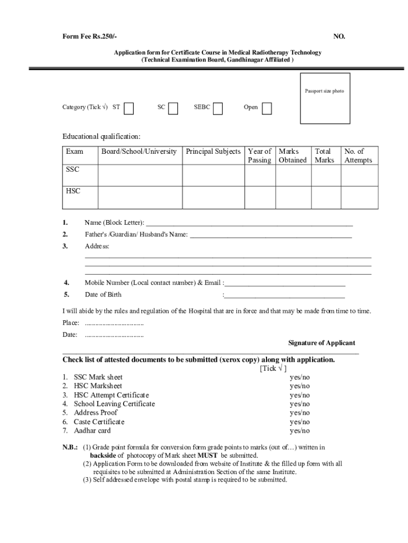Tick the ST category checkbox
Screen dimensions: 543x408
[x=129, y=108]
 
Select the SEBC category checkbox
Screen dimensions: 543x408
[x=218, y=108]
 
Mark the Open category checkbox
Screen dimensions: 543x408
[x=267, y=108]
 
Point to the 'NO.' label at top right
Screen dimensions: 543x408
[x=339, y=37]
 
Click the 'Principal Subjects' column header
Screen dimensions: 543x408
[x=213, y=152]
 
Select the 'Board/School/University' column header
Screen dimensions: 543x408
[x=139, y=152]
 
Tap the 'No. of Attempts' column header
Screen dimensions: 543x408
[x=358, y=156]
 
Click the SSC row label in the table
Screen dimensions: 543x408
[x=73, y=170]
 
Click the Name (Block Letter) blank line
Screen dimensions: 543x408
[x=249, y=222]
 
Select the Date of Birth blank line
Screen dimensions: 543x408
[x=285, y=295]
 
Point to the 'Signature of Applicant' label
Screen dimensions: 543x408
[x=322, y=343]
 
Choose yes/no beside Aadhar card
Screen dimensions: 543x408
[x=300, y=431]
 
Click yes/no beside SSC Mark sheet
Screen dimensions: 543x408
[x=300, y=378]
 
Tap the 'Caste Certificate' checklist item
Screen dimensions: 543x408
[x=99, y=422]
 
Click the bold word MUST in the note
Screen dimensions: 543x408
[x=208, y=456]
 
